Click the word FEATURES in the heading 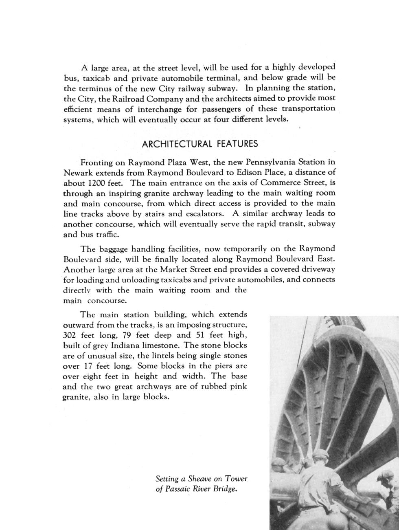(x=237, y=144)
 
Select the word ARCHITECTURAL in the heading (x=177, y=144)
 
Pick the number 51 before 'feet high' (x=202, y=335)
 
